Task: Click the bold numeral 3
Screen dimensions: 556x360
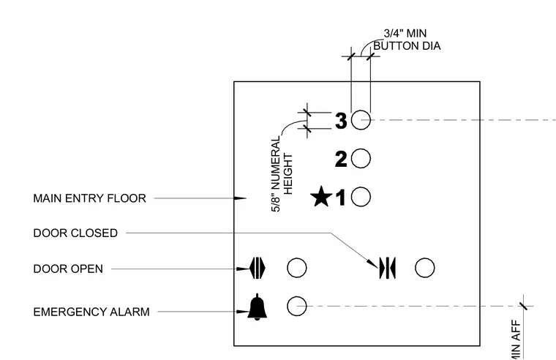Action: coord(341,121)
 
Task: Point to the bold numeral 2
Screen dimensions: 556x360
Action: coord(341,159)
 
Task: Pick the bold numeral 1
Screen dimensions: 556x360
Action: coord(341,198)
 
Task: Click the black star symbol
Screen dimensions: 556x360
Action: coord(321,196)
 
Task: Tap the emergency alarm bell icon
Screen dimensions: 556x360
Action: coord(257,307)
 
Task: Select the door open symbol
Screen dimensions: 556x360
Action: coord(258,268)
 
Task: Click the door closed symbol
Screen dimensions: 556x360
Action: coord(388,268)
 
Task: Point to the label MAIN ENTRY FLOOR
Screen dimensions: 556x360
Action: coord(90,198)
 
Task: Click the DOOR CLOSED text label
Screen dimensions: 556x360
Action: coord(75,233)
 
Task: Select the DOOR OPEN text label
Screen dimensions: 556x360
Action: coord(68,269)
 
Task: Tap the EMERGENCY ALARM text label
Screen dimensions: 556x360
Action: coord(91,312)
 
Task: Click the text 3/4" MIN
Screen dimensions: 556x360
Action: coord(405,34)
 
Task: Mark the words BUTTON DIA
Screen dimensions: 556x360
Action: coord(407,46)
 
